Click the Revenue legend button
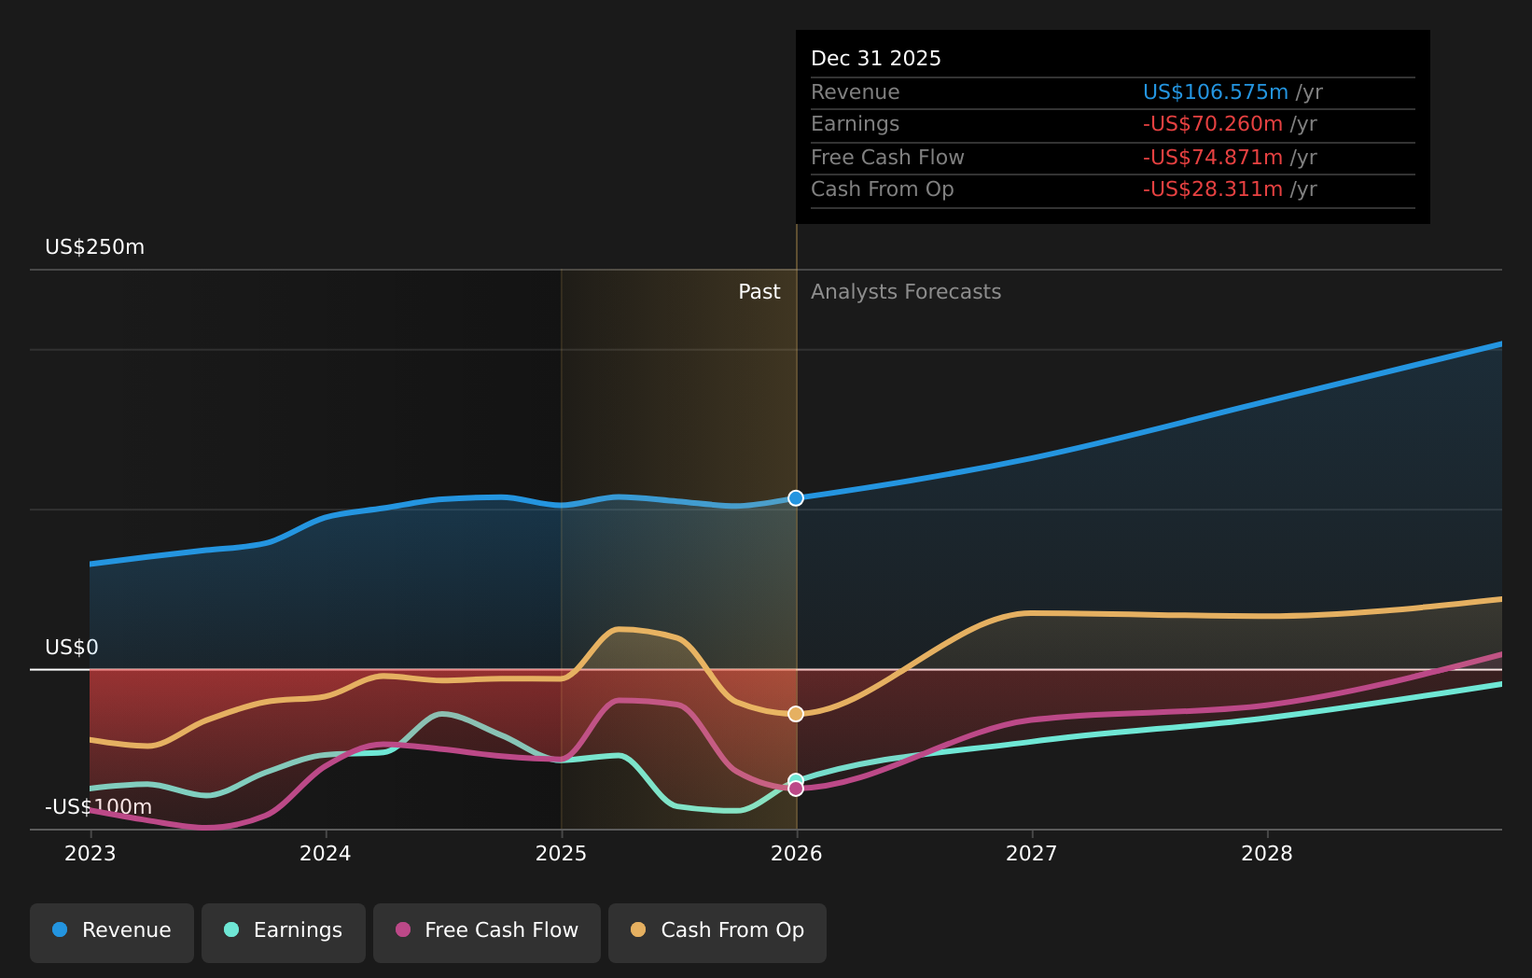click(x=112, y=931)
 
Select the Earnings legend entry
click(x=284, y=931)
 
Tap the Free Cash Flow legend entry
click(x=487, y=931)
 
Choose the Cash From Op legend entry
click(x=717, y=931)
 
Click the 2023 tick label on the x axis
click(x=91, y=854)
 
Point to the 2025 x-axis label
click(x=561, y=854)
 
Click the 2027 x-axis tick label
click(x=1031, y=854)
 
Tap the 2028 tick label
click(x=1266, y=854)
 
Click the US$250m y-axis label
click(x=94, y=247)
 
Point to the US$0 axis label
click(x=72, y=648)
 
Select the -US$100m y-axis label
click(x=98, y=807)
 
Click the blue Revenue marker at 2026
click(x=796, y=498)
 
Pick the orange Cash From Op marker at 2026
click(x=796, y=714)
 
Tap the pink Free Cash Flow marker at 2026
click(x=796, y=789)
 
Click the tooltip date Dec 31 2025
click(x=875, y=59)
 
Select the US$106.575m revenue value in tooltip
click(x=1215, y=92)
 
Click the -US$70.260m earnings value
click(x=1212, y=124)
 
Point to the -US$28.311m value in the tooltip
click(x=1212, y=189)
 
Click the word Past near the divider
click(x=759, y=292)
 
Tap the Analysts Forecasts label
click(x=905, y=292)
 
